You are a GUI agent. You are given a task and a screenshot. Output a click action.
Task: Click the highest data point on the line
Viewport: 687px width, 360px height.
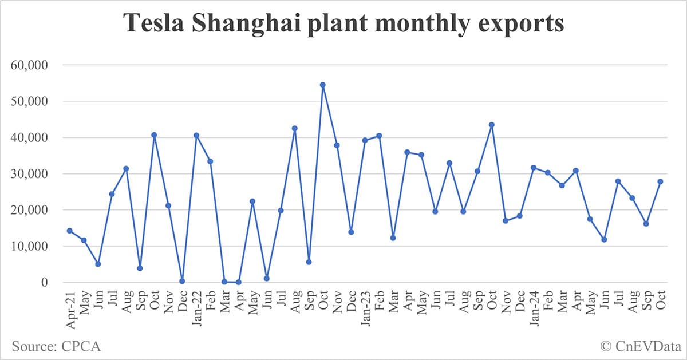(x=323, y=85)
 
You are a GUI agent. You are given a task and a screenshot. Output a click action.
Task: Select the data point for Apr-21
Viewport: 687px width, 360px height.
(x=70, y=231)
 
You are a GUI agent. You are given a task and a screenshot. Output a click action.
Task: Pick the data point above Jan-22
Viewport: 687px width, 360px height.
(x=196, y=136)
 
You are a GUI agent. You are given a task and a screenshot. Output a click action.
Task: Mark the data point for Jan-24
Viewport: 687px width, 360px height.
(x=534, y=168)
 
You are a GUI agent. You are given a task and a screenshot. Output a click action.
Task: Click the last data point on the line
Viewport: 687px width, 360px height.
(x=660, y=181)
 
